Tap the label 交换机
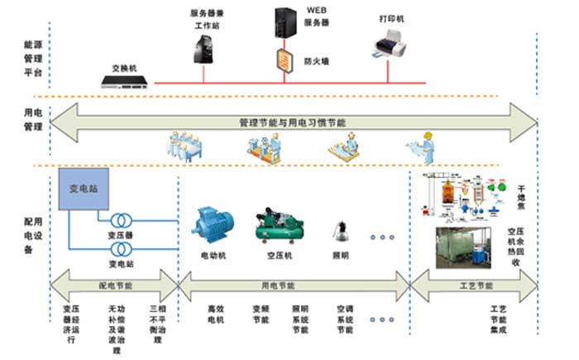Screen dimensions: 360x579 tap(123, 67)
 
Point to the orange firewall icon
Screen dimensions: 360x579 tap(285, 59)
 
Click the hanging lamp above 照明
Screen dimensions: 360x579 tap(339, 228)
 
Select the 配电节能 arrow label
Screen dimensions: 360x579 tap(115, 286)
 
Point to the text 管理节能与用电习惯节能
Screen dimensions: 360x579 tap(292, 122)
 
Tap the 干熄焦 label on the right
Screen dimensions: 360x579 tap(522, 194)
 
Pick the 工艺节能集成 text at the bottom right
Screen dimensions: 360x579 tap(497, 319)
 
